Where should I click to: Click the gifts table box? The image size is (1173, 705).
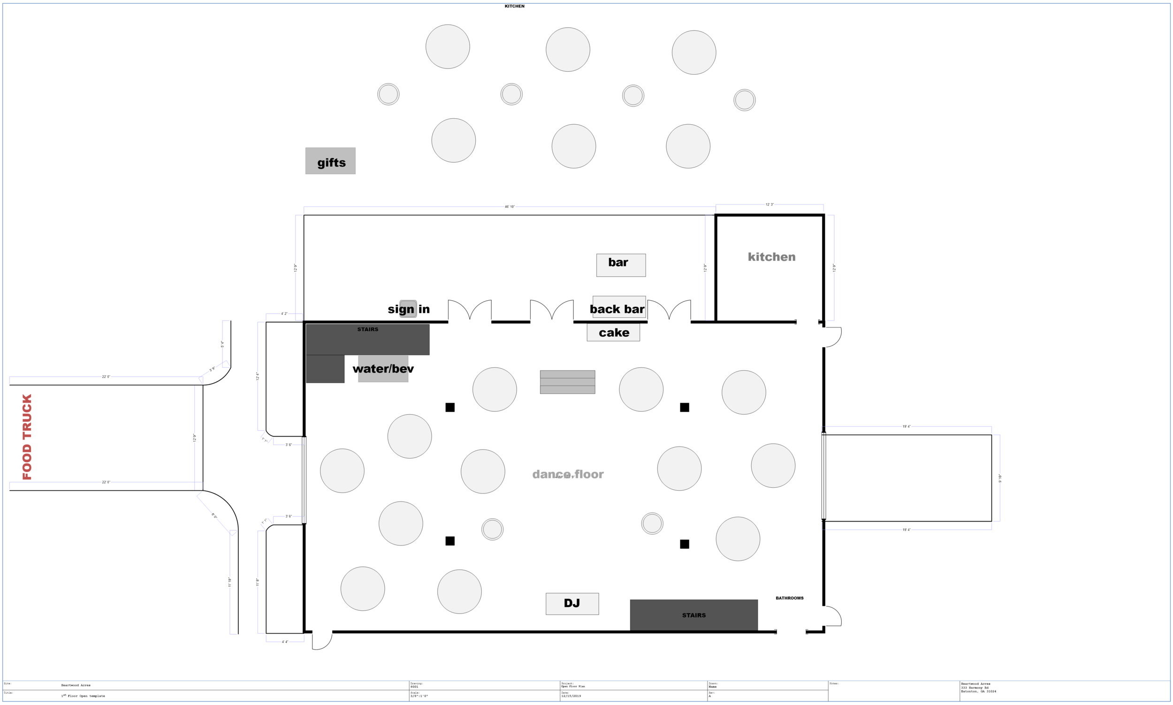(x=330, y=161)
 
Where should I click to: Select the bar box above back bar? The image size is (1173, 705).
(x=620, y=265)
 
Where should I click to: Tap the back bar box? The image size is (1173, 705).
(x=618, y=307)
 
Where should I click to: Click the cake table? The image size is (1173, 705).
(x=613, y=333)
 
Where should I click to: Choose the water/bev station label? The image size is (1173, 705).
(x=383, y=369)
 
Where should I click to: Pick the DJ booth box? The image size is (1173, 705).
(x=572, y=603)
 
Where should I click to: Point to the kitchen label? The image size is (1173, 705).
(x=771, y=257)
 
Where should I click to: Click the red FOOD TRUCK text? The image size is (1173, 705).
(x=27, y=437)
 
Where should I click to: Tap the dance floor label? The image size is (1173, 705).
(x=568, y=474)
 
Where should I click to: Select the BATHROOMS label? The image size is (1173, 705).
(x=789, y=598)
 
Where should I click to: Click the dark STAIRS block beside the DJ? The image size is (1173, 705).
(x=693, y=615)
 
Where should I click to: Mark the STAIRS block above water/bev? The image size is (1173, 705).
(x=367, y=339)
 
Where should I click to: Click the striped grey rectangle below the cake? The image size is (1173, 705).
(x=567, y=382)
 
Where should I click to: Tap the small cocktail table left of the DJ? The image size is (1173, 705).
(x=492, y=529)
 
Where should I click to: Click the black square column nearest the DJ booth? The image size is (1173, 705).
(x=450, y=541)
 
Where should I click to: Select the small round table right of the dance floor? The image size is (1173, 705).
(x=652, y=523)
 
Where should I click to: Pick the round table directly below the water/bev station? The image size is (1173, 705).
(x=409, y=436)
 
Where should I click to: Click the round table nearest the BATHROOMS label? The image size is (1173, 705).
(x=737, y=539)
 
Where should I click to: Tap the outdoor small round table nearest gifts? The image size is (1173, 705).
(x=388, y=94)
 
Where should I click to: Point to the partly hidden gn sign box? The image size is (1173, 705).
(x=408, y=309)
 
